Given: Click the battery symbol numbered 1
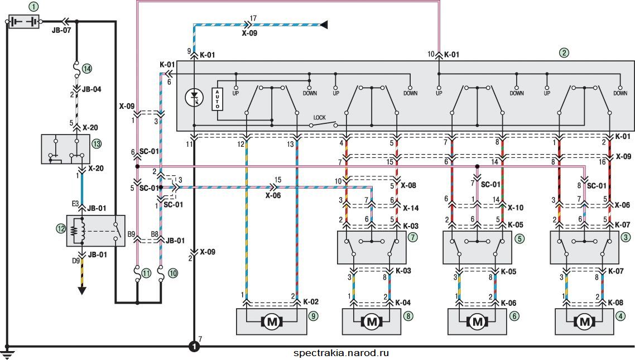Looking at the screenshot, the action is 24,21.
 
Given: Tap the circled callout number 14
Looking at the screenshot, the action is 86,69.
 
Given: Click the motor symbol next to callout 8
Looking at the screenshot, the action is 372,322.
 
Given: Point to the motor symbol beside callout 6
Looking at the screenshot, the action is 478,322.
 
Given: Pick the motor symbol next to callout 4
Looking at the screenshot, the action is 585,322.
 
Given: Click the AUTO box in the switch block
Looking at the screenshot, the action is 218,99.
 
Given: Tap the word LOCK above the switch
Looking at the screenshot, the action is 320,117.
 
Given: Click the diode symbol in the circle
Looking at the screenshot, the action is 194,98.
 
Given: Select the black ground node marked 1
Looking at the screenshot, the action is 194,347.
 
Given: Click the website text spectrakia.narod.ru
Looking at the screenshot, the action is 341,353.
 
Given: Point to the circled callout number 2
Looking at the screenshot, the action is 564,52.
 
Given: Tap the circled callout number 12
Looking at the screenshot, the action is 61,229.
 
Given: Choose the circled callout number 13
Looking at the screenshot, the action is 97,144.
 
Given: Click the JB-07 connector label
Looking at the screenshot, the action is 61,30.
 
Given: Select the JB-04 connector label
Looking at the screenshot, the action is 92,89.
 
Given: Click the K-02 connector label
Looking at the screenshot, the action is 311,302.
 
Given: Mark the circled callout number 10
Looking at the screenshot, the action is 173,273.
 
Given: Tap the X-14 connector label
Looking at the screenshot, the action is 411,208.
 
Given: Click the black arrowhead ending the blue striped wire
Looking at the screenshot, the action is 324,25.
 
